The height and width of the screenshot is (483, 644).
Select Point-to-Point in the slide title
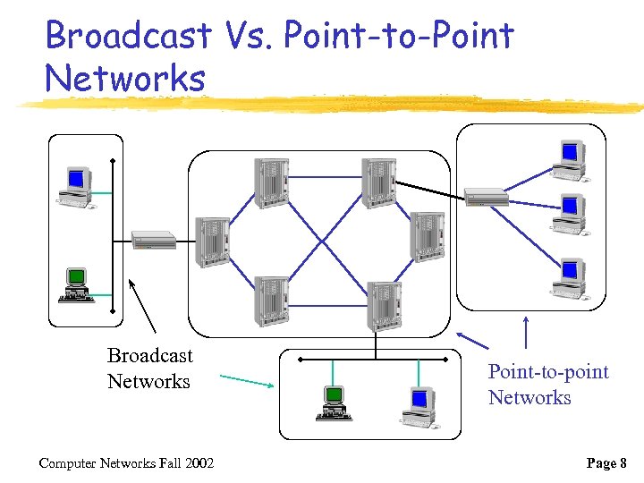click(x=399, y=36)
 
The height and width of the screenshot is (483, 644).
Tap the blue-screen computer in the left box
click(x=75, y=188)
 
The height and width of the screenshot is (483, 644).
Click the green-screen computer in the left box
click(x=77, y=284)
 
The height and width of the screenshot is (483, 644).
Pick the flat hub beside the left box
click(x=154, y=240)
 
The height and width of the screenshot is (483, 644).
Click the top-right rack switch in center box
click(x=378, y=182)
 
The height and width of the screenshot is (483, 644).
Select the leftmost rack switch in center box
click(x=212, y=241)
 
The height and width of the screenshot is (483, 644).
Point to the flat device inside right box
click(x=487, y=197)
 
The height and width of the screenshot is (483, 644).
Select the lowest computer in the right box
click(x=569, y=278)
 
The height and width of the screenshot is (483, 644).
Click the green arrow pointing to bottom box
click(x=246, y=381)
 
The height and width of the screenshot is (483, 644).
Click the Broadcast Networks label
click(x=149, y=369)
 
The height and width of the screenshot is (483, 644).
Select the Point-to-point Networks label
click(x=547, y=385)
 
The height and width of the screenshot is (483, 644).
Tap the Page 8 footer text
click(x=607, y=462)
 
